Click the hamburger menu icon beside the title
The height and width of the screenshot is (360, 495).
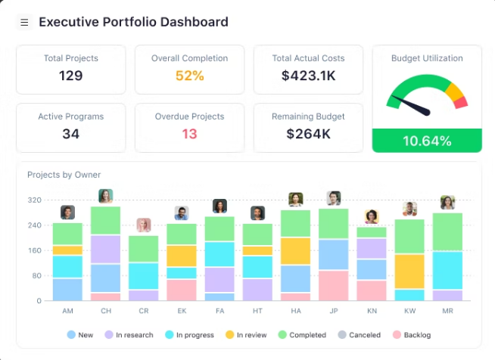24,23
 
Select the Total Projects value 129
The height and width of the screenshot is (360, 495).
71,76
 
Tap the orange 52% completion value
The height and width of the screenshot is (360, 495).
189,76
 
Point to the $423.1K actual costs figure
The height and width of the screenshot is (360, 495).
308,76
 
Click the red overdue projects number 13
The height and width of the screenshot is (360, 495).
189,134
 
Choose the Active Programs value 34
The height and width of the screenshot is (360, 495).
71,134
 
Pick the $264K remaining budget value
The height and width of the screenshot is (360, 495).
308,134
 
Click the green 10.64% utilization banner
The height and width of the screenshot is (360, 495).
427,141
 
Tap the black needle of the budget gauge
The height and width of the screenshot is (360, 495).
414,107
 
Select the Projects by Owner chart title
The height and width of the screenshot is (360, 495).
64,175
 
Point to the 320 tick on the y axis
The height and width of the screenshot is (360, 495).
34,200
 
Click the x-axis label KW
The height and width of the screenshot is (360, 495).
409,311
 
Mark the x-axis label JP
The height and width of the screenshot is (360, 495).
333,311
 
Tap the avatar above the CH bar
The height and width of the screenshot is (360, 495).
105,196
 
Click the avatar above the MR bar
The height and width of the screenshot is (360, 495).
447,202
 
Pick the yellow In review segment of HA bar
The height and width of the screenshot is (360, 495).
295,251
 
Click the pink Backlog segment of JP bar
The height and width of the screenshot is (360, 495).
333,285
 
